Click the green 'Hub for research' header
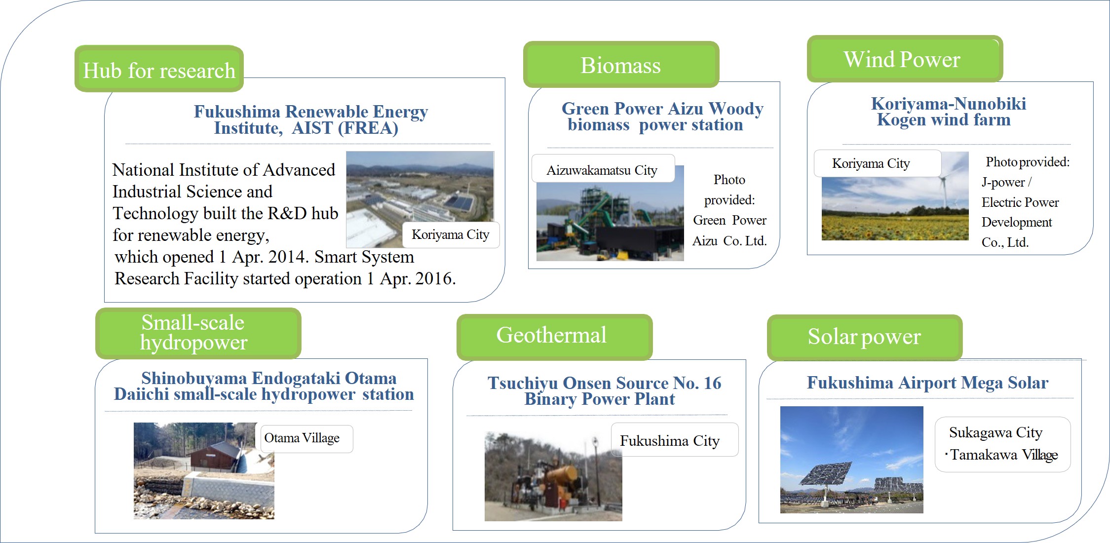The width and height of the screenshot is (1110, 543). coord(159,69)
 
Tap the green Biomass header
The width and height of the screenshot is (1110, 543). coord(621,65)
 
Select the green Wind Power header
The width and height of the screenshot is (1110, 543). coord(905,59)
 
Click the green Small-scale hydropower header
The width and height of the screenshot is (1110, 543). coord(198,333)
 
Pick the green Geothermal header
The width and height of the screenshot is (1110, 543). coord(554,337)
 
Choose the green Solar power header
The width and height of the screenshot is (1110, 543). coord(865,337)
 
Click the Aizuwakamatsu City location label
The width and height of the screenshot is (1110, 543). coord(603,169)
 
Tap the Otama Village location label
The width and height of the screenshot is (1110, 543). coord(306,438)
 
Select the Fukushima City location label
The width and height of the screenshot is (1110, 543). coord(675,440)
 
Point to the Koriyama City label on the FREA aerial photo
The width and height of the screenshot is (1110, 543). coord(451,235)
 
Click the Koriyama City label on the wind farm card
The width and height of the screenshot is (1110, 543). coord(877,163)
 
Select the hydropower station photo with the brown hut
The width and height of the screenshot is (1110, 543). coord(204,470)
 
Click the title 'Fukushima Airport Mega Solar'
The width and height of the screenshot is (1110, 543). coord(927,383)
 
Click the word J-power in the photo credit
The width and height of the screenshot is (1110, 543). coord(1003,183)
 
